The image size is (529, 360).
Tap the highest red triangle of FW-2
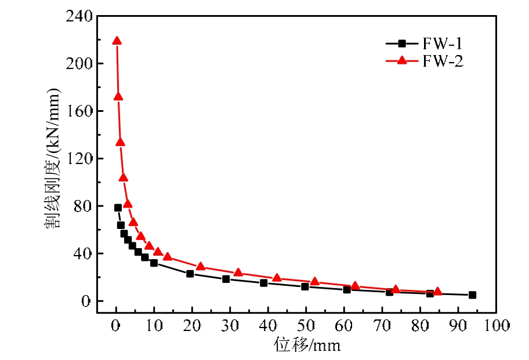117,41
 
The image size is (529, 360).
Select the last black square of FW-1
472,295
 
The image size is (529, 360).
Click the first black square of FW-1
118,208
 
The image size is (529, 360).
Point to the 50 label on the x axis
306,326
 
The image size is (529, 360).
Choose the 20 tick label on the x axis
192,326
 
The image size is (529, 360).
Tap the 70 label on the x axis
382,326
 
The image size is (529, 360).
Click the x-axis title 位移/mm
307,346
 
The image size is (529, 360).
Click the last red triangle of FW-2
437,291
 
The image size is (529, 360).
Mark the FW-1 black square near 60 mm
347,289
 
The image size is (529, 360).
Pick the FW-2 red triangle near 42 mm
277,278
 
